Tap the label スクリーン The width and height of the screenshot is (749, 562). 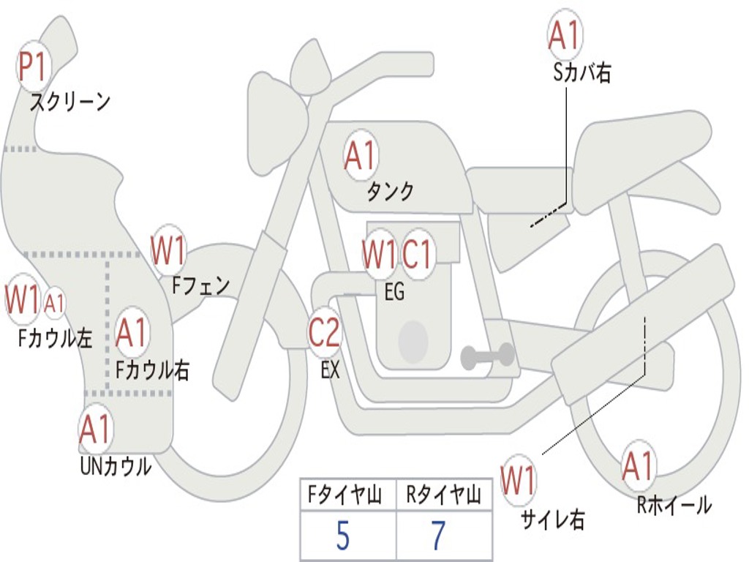(x=70, y=102)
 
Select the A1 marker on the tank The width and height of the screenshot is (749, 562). (x=360, y=155)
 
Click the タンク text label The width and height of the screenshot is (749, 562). (x=390, y=191)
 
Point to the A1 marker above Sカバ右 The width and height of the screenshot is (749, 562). (x=564, y=34)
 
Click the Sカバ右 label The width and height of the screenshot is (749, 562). (x=582, y=72)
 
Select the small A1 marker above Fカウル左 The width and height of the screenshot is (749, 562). (x=55, y=302)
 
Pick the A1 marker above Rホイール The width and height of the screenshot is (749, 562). (x=638, y=466)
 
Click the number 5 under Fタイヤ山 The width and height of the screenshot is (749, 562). (x=342, y=536)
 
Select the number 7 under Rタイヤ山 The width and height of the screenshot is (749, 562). (x=438, y=536)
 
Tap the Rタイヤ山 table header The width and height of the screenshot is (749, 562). (x=443, y=497)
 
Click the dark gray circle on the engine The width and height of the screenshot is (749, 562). (x=413, y=340)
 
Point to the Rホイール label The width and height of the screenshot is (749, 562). (x=674, y=505)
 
